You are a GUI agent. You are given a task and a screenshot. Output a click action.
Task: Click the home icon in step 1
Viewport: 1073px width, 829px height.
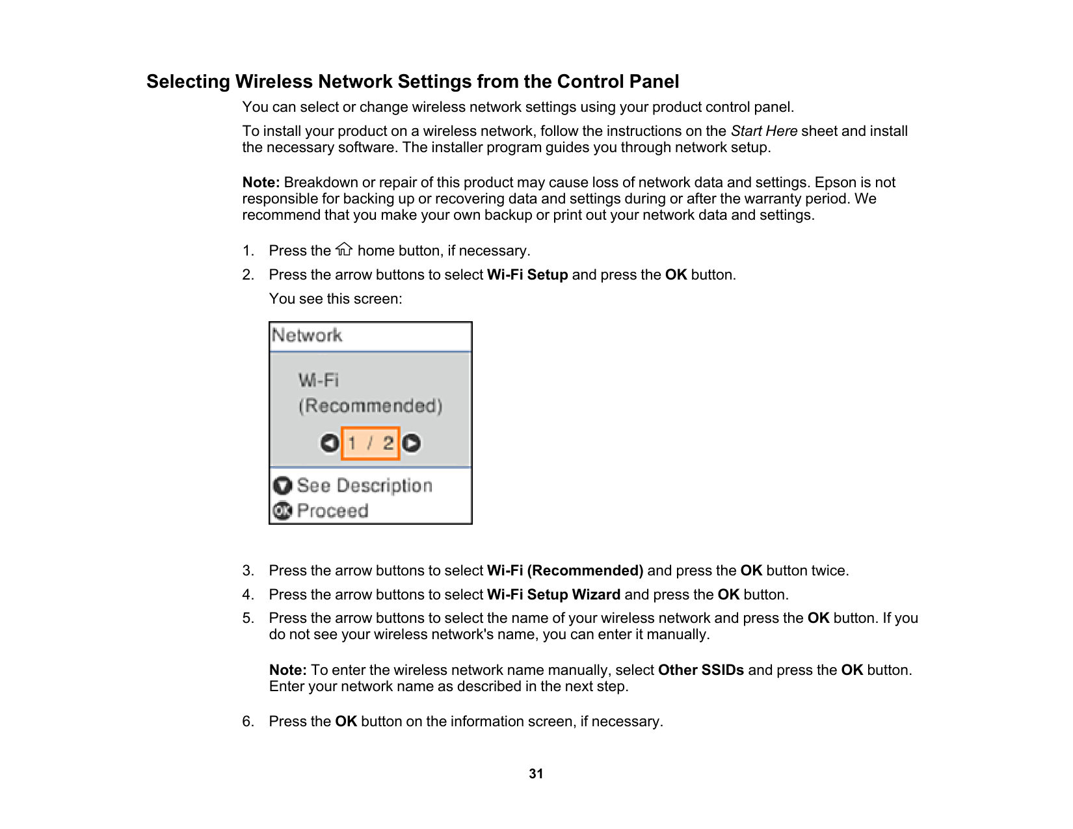344,250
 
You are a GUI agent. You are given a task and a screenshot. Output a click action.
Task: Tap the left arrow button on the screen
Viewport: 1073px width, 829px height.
330,443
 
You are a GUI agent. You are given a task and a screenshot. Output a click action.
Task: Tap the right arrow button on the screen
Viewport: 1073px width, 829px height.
411,443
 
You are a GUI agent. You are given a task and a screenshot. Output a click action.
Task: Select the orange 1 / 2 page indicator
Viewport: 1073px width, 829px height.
370,443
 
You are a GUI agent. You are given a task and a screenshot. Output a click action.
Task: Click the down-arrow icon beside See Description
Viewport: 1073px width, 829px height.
282,486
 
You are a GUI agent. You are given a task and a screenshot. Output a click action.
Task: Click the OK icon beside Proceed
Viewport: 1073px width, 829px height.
282,511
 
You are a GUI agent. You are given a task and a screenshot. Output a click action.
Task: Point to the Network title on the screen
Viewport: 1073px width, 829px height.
307,336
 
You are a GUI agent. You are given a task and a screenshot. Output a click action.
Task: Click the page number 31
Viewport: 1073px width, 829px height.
536,774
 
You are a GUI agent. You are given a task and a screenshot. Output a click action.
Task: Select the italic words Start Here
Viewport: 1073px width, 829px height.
763,131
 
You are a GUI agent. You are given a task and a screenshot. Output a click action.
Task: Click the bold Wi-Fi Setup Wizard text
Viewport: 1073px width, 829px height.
553,595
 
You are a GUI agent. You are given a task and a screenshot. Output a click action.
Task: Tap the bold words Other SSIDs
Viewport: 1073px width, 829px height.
700,670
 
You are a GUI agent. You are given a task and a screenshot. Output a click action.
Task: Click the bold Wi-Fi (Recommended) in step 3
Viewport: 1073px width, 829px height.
564,571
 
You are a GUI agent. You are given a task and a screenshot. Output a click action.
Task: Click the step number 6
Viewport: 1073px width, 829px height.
247,722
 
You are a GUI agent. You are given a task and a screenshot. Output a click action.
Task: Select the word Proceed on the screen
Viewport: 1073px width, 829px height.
332,511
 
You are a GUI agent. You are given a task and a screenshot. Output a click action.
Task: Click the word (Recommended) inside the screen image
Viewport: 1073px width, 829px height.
370,406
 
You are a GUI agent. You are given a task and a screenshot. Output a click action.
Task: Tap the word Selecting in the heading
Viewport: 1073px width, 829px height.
188,82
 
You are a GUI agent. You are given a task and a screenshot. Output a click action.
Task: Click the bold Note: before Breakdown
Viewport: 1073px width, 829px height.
261,183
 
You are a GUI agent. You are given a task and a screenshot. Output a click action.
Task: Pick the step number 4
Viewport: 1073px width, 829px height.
247,595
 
